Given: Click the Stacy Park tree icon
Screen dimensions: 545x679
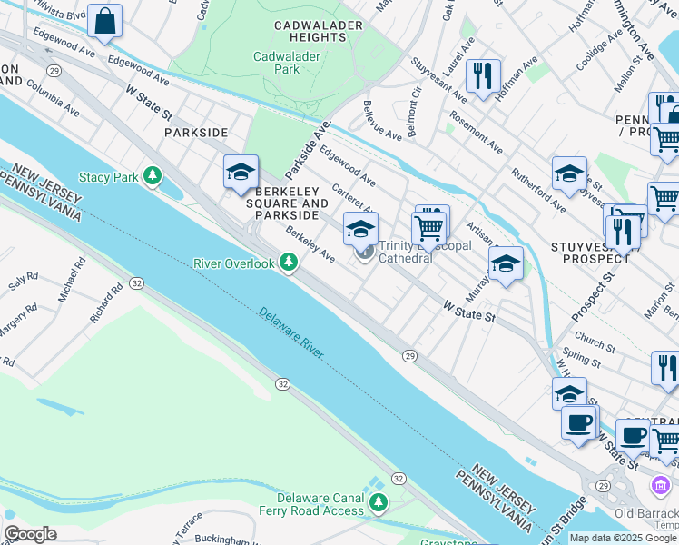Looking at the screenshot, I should click(x=153, y=175).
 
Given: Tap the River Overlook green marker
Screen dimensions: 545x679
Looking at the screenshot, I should click(x=289, y=263).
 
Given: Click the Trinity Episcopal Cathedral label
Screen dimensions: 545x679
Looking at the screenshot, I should click(x=405, y=251).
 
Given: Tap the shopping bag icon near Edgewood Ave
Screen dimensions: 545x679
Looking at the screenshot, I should click(x=105, y=22).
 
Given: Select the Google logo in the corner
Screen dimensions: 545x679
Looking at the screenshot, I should click(x=29, y=534).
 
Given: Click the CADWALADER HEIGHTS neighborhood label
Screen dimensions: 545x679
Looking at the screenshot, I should click(x=307, y=31).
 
